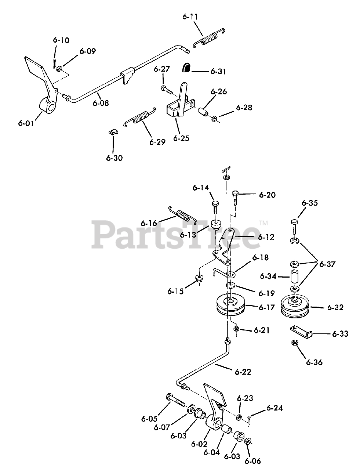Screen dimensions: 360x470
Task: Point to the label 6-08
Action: tap(101, 104)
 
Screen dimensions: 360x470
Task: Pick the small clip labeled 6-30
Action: tap(113, 132)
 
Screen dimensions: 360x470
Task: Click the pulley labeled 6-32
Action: tap(294, 307)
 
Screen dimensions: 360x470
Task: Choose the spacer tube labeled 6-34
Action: tap(294, 276)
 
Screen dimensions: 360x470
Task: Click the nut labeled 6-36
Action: tap(294, 343)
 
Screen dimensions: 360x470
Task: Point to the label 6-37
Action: tap(327, 264)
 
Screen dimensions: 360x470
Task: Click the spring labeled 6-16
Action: tap(182, 216)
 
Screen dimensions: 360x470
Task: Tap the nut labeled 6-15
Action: tap(199, 278)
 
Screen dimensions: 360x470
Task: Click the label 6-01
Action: tap(26, 123)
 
